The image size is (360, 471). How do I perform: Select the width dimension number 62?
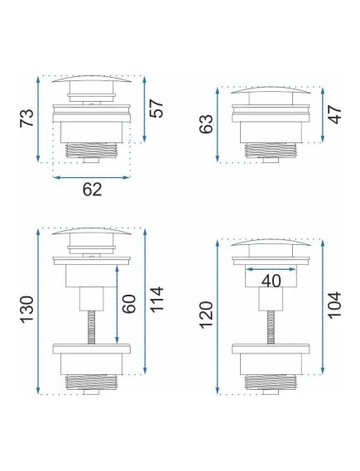click(x=92, y=190)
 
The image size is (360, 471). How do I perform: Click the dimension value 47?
click(x=335, y=113)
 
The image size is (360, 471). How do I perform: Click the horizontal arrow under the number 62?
click(x=92, y=175)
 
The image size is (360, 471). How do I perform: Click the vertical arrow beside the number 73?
click(x=38, y=119)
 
